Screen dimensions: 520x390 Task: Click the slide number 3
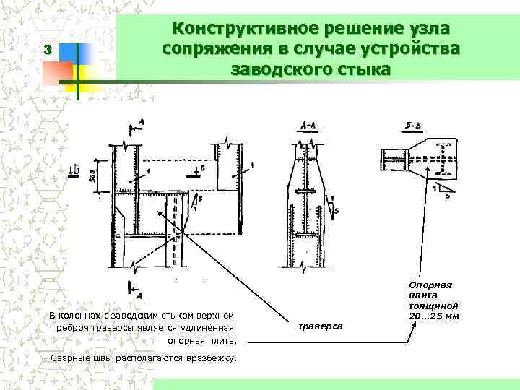(x=47, y=51)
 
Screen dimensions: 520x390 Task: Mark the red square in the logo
(x=58, y=71)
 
